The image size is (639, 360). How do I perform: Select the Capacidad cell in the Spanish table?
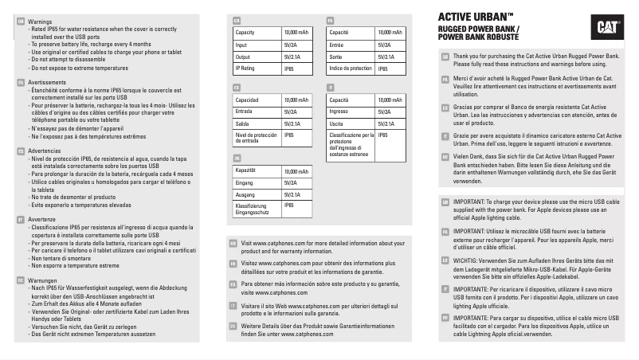tap(250, 100)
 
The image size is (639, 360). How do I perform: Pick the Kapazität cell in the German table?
tap(249, 170)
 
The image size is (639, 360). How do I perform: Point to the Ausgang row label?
tap(249, 194)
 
